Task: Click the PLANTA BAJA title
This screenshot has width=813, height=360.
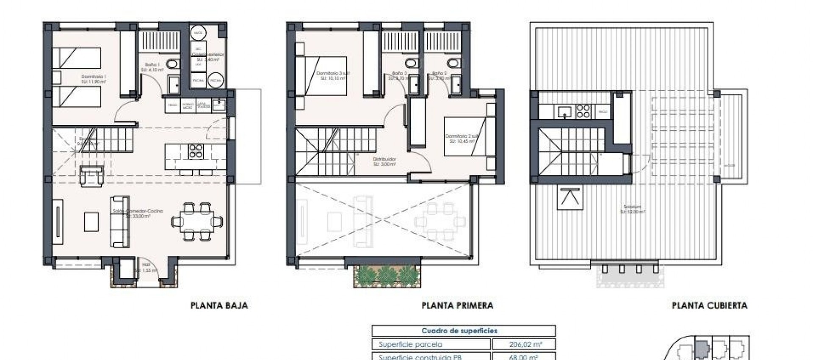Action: tap(219, 305)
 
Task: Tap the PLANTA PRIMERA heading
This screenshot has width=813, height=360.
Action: tap(457, 305)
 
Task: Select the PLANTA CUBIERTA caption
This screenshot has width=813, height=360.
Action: tap(709, 305)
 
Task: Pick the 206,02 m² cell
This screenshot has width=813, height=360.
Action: tap(523, 344)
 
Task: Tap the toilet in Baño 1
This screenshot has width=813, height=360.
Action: tap(171, 64)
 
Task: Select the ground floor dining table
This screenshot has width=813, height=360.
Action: tap(197, 221)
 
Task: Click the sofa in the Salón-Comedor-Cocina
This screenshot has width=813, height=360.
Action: tap(120, 221)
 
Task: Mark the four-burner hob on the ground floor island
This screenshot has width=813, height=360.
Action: tap(196, 151)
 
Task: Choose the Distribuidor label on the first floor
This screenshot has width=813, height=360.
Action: tap(384, 161)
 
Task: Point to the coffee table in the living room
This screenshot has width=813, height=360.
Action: tap(91, 222)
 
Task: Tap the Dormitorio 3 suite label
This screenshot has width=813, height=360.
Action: tap(333, 75)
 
